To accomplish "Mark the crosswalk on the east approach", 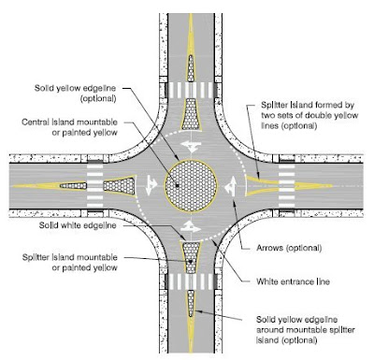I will click(x=287, y=182).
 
